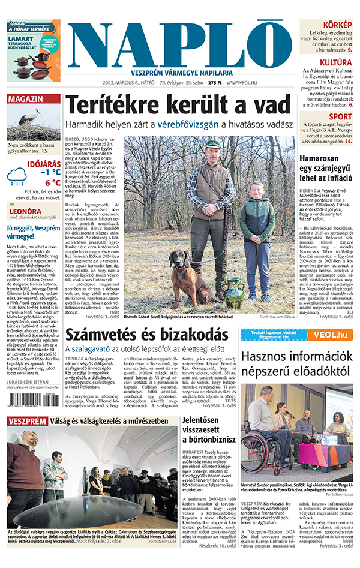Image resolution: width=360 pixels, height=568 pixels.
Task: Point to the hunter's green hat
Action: pos(214,143)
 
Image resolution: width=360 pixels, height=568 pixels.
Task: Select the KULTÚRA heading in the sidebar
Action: pos(335,62)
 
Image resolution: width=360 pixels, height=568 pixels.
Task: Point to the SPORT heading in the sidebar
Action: pos(340,116)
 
